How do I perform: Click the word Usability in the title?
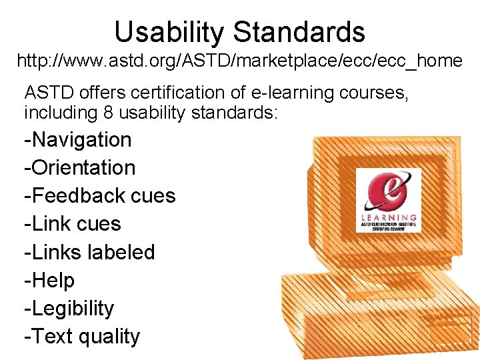pos(171,32)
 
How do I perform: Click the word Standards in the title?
pos(300,32)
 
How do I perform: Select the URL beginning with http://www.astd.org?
pos(239,61)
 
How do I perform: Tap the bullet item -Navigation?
pos(78,140)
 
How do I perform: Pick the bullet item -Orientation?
pos(79,168)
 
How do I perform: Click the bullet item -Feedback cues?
pos(99,196)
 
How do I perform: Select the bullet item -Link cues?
pos(73,224)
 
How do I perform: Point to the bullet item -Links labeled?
pos(89,253)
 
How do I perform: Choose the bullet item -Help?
pos(49,281)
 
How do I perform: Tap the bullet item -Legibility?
pos(69,309)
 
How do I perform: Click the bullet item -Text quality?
pos(82,337)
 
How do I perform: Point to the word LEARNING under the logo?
pos(389,217)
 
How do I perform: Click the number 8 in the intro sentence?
pos(108,113)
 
